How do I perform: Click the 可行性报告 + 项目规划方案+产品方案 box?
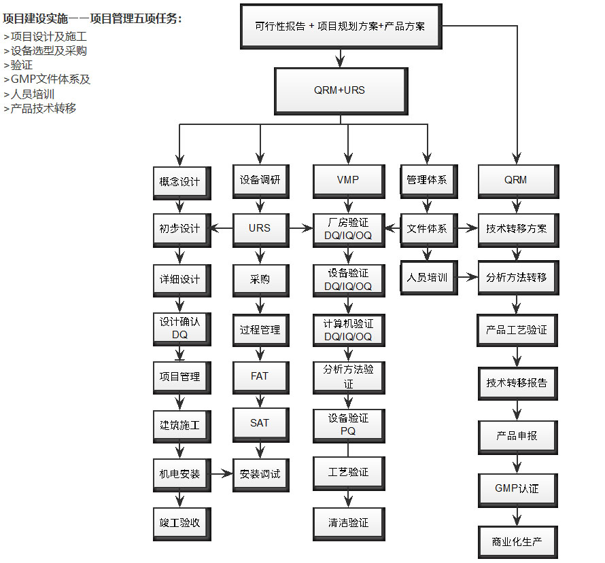click(x=340, y=26)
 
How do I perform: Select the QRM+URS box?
click(x=339, y=90)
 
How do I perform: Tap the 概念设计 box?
click(x=179, y=181)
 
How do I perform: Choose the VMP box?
click(x=347, y=181)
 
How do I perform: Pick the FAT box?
click(x=260, y=376)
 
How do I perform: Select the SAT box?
click(x=260, y=423)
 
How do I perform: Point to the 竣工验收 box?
click(x=180, y=523)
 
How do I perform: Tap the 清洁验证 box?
click(x=348, y=523)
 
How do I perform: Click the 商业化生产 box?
click(x=517, y=543)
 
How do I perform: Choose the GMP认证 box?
click(x=517, y=489)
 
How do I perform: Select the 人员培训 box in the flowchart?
click(x=427, y=278)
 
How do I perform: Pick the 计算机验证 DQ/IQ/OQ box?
click(x=348, y=330)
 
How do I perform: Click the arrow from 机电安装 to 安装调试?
click(x=221, y=473)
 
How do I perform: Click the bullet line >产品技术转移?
click(x=40, y=109)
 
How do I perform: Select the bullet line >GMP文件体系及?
click(x=47, y=79)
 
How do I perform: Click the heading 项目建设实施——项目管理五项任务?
click(x=92, y=19)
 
